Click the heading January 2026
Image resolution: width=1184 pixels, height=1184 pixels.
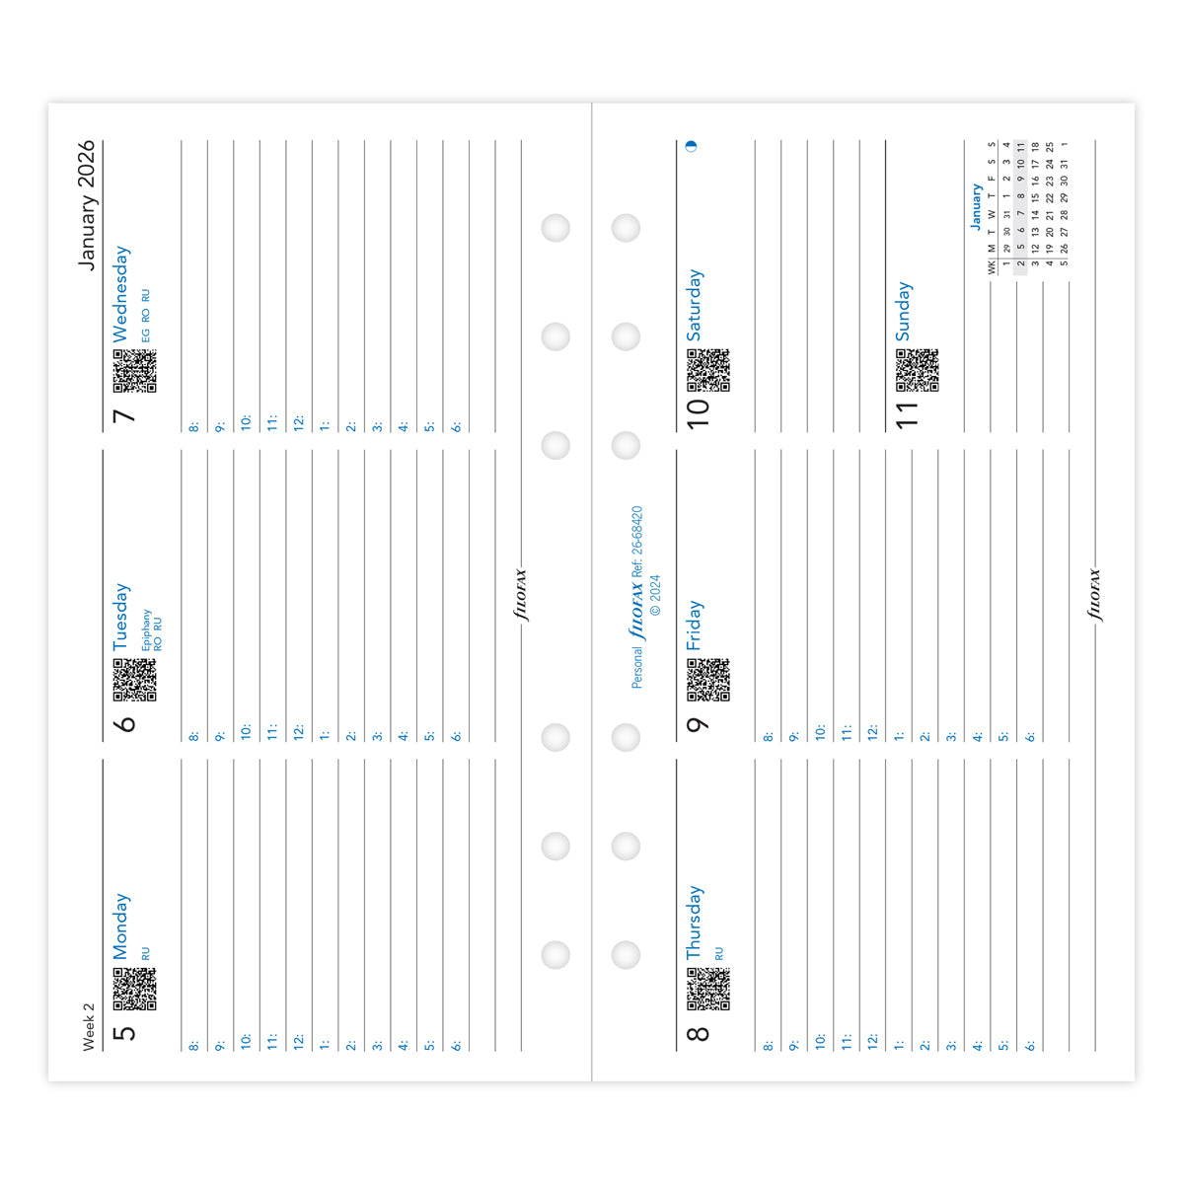(87, 205)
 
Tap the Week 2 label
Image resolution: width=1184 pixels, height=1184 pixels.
(89, 1026)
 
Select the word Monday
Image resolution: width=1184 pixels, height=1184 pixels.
(120, 926)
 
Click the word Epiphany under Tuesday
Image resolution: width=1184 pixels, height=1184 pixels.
(146, 629)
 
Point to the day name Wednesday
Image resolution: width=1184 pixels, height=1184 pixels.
(120, 294)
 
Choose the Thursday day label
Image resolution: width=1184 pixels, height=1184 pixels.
(695, 923)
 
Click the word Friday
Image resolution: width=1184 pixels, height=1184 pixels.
(695, 625)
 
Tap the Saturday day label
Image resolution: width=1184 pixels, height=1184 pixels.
(695, 305)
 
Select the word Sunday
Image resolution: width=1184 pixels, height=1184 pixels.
(904, 312)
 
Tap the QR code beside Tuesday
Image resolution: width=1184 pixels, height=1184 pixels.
(134, 680)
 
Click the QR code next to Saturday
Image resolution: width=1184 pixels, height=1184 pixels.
(708, 370)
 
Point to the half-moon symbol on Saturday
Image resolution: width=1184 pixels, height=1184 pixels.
(691, 145)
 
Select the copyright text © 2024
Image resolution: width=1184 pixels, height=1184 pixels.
(656, 595)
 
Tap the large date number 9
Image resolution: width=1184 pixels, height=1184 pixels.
(698, 724)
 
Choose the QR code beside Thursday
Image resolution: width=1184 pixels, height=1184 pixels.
(708, 989)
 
